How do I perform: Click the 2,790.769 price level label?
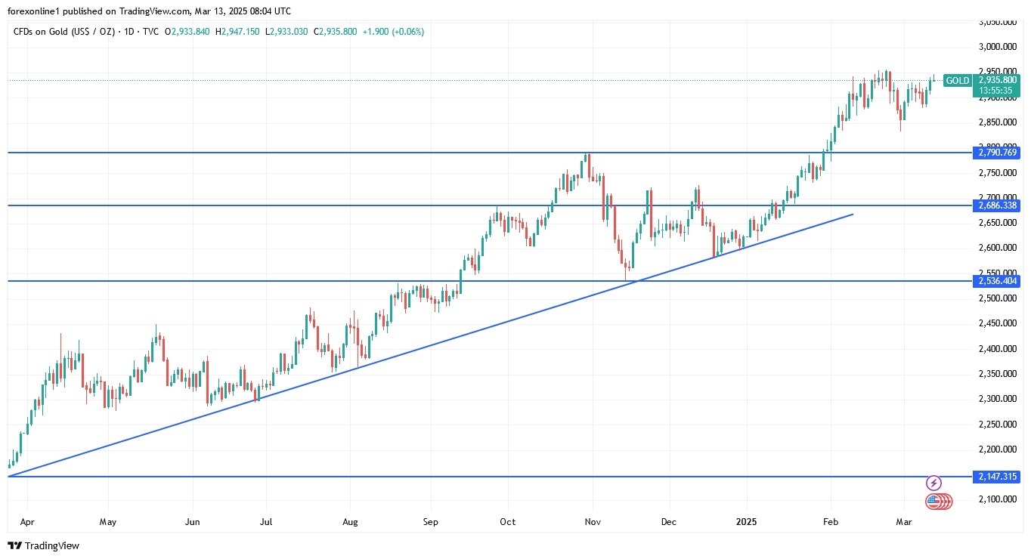tap(998, 153)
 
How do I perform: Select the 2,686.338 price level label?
tap(998, 205)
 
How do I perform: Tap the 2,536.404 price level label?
tap(998, 281)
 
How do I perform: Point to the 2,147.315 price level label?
tap(998, 477)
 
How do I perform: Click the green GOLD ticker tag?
tap(958, 81)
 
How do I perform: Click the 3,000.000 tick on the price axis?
tap(998, 47)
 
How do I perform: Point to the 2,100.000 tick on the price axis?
tap(998, 499)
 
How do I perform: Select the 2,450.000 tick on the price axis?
tap(998, 323)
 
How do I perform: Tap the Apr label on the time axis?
tap(27, 521)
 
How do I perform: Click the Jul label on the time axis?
tap(266, 521)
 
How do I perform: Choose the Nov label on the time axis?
tap(593, 521)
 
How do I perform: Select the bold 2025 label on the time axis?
tap(747, 521)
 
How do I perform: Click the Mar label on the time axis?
tap(904, 521)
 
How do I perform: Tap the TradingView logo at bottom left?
tap(44, 545)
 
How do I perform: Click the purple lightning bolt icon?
tap(933, 483)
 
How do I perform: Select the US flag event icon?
tap(933, 501)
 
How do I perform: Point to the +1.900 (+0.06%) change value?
tap(393, 32)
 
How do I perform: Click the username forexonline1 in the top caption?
tap(36, 11)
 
